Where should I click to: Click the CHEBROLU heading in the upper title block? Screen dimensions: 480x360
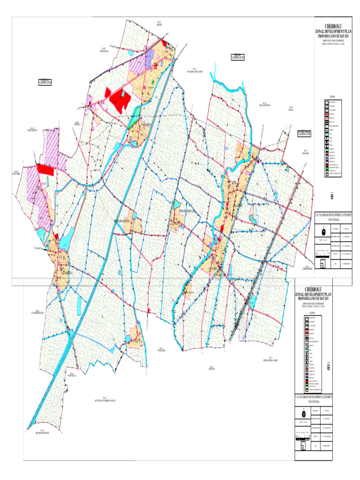[333, 26]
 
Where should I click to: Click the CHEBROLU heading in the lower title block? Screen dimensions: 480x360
[312, 288]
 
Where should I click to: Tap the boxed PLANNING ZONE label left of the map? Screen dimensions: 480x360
[45, 82]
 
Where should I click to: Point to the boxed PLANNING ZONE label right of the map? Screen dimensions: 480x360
[305, 133]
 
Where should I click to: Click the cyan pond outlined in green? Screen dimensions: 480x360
[154, 82]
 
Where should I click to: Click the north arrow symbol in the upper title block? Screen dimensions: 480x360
[323, 231]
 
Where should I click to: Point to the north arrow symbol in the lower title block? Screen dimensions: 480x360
[304, 413]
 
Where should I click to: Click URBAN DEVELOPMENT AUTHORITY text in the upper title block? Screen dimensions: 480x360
[333, 214]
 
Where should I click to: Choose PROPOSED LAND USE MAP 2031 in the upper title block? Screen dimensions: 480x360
[333, 36]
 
